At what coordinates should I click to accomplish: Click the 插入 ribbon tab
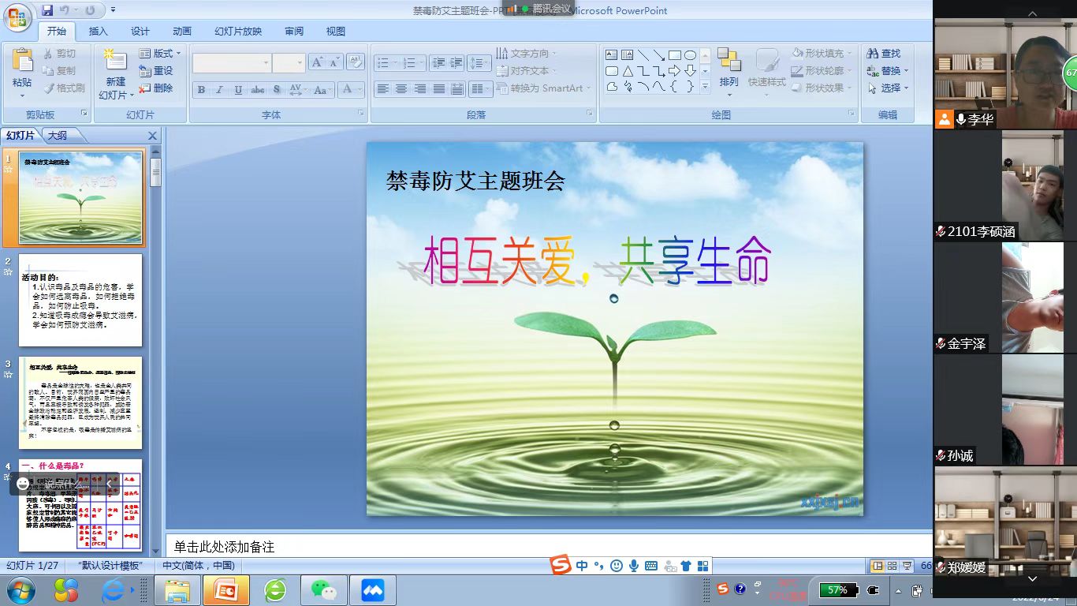99,32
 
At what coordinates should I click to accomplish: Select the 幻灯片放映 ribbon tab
238,32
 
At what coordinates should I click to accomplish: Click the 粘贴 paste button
22,71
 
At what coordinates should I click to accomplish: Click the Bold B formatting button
201,90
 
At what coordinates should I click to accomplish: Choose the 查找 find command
884,54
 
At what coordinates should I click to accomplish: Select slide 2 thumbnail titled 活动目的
80,300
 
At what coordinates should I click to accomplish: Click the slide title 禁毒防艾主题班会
475,181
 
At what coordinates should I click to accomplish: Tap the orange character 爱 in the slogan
557,261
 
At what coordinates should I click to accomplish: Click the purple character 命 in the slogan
751,261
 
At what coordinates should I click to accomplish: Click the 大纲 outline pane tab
58,136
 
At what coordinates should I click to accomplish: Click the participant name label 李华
981,120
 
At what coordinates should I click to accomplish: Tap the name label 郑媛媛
966,567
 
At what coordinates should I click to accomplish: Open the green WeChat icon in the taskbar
323,590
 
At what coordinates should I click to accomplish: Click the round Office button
17,17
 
